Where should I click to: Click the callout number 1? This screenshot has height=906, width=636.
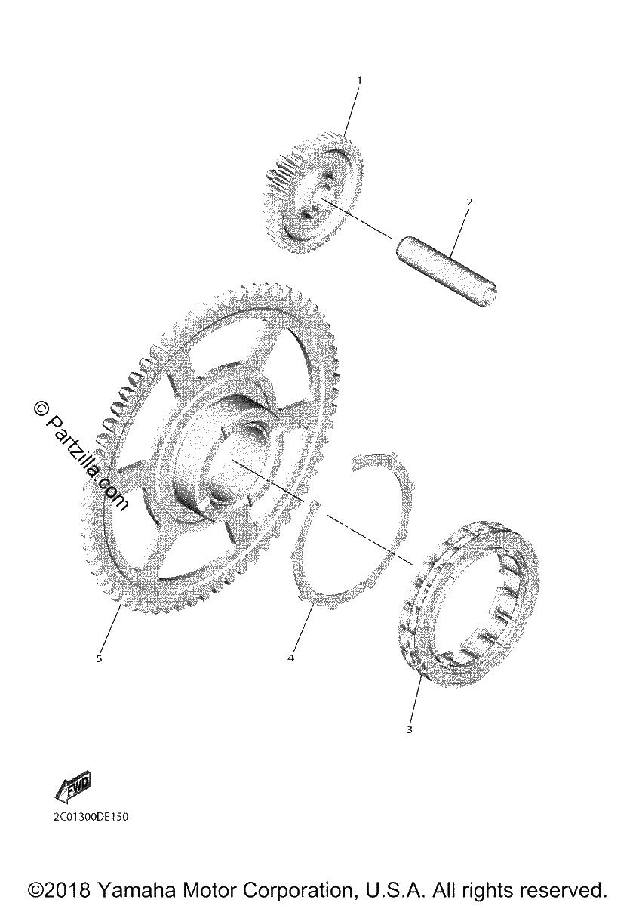coord(359,81)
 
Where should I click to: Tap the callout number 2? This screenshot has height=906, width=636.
coord(469,202)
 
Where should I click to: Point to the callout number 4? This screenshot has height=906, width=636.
coord(291,658)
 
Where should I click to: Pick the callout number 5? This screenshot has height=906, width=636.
coord(99,658)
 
